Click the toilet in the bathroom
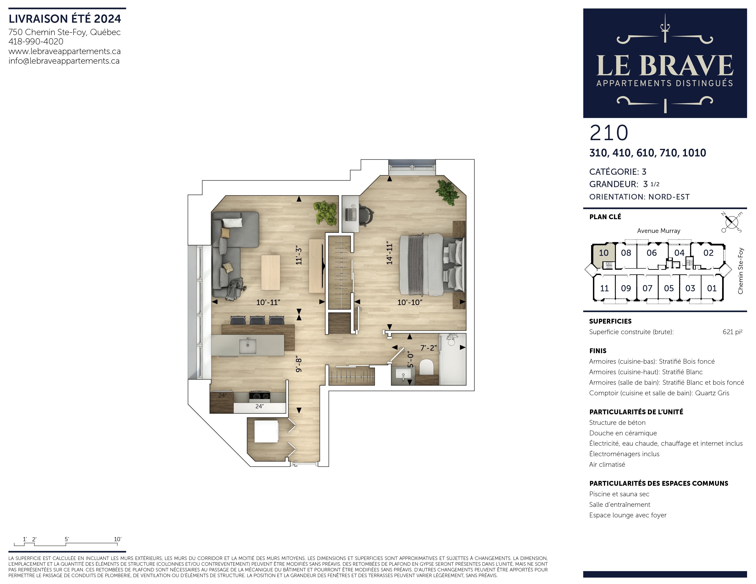pos(426,367)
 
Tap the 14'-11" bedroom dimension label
pos(390,253)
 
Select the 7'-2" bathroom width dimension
pos(428,348)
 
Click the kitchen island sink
pos(248,346)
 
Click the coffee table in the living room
pos(271,273)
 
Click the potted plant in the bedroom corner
pos(447,192)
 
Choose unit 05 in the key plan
pos(669,288)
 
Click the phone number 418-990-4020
pos(36,41)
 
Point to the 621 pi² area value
pos(732,332)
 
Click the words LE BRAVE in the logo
pos(665,65)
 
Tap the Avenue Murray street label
pos(659,231)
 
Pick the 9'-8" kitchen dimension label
pos(299,365)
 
